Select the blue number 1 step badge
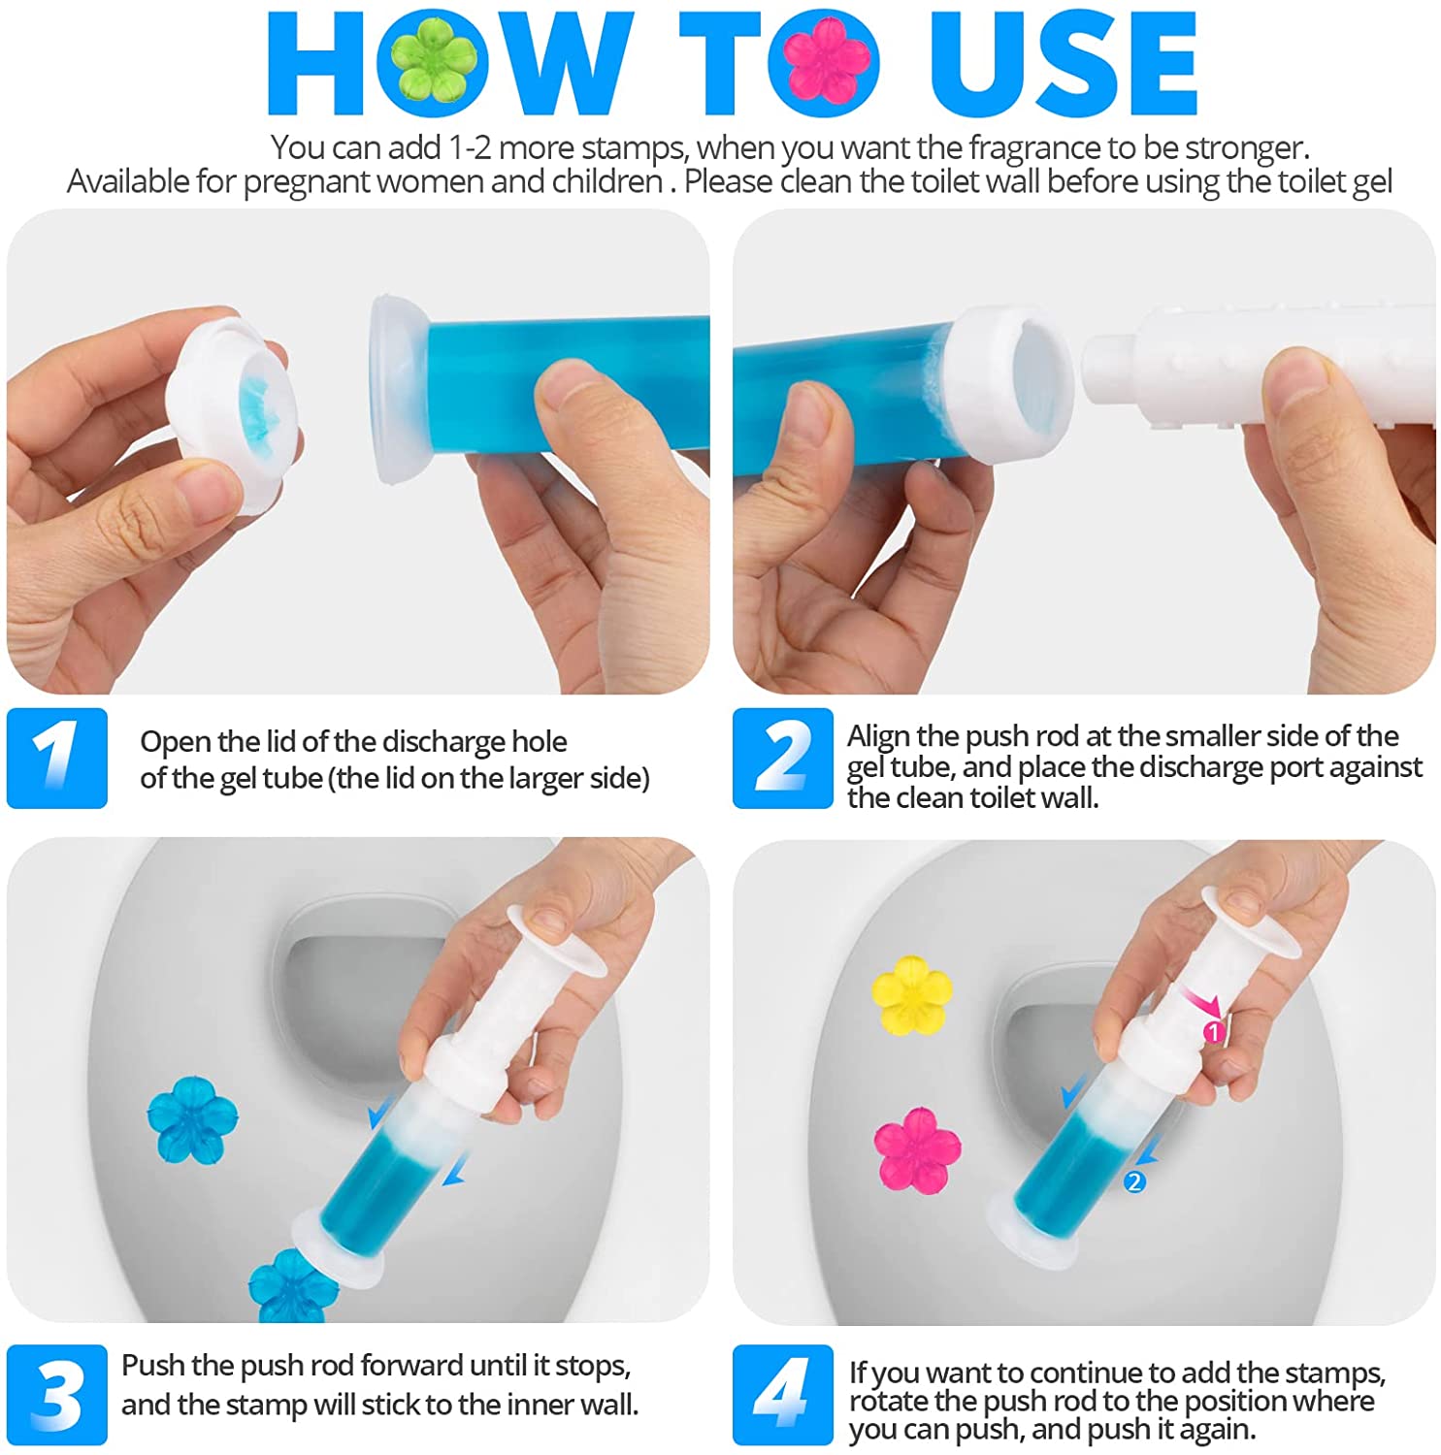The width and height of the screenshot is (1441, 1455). pyautogui.click(x=56, y=758)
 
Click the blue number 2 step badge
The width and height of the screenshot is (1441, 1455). pyautogui.click(x=782, y=758)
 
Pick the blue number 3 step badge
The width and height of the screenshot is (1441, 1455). pyautogui.click(x=56, y=1395)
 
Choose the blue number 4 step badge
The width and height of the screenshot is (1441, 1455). pyautogui.click(x=782, y=1395)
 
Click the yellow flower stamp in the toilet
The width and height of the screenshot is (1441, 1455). pyautogui.click(x=911, y=994)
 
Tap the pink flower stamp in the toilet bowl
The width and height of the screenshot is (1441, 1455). pyautogui.click(x=917, y=1149)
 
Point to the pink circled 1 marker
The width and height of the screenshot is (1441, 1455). pyautogui.click(x=1213, y=1032)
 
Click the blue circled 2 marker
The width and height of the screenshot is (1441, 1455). pyautogui.click(x=1133, y=1181)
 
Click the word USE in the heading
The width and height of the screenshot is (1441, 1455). pyautogui.click(x=1064, y=63)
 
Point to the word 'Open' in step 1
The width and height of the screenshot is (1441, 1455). pyautogui.click(x=176, y=743)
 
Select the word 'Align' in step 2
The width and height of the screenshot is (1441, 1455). pyautogui.click(x=879, y=736)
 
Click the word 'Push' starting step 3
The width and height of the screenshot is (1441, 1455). pyautogui.click(x=152, y=1366)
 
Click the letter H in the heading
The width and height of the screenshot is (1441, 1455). pyautogui.click(x=316, y=63)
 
